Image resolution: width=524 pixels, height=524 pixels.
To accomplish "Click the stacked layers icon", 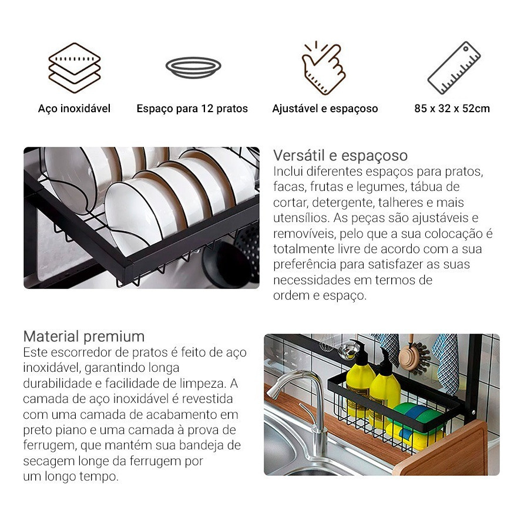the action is click(74, 68).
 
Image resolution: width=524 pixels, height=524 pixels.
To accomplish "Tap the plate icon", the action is click(193, 67).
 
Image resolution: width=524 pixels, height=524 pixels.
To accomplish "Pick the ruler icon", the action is click(454, 68).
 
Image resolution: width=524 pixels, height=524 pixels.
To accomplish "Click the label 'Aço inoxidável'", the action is click(74, 109).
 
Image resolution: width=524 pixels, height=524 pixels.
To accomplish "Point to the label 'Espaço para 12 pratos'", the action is click(192, 109).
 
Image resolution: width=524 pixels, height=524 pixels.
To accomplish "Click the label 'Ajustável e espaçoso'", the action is click(325, 109).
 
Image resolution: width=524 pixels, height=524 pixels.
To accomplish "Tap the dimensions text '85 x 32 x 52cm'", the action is click(452, 109).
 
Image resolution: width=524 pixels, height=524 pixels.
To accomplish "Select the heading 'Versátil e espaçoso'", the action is click(341, 156).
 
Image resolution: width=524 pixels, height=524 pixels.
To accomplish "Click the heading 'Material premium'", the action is click(84, 336).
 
